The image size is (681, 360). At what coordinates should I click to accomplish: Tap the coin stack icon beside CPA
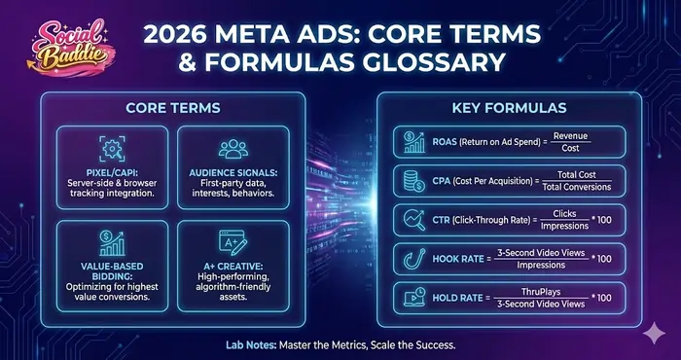(x=412, y=182)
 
